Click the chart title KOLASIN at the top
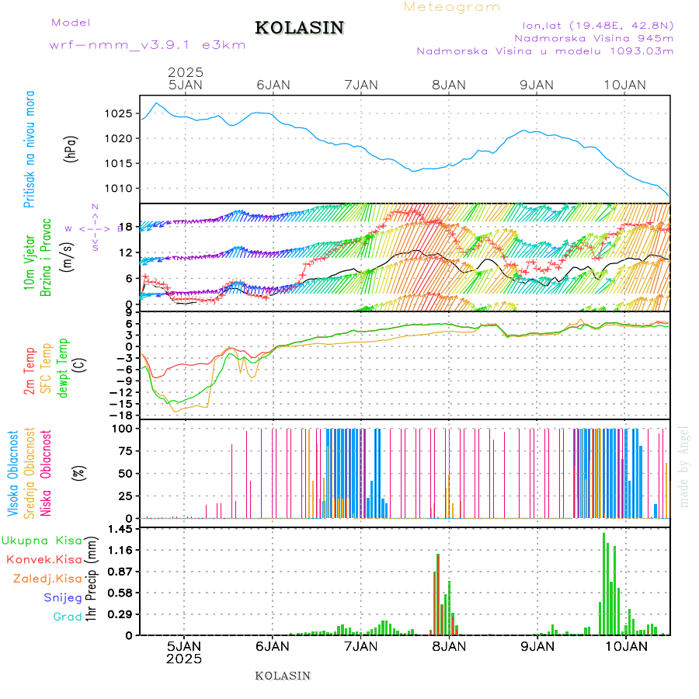click(299, 28)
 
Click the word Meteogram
click(452, 7)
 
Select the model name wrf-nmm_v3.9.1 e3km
click(148, 45)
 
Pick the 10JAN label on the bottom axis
click(624, 646)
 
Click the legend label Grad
click(68, 617)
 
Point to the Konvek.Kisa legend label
click(44, 559)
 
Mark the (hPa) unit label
click(71, 148)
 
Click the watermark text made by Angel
click(684, 466)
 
